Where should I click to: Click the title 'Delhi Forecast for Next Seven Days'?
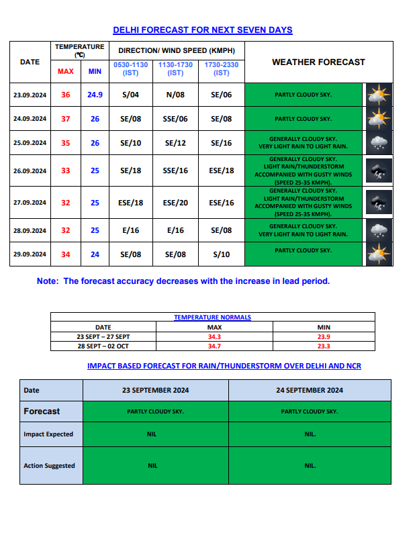click(x=202, y=30)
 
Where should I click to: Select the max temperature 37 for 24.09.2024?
click(x=66, y=119)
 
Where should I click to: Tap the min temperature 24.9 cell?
click(x=95, y=95)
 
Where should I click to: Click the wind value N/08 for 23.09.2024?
click(x=175, y=95)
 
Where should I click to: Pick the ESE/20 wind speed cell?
click(x=175, y=203)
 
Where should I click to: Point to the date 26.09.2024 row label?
click(x=30, y=171)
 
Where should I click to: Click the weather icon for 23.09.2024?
click(x=378, y=95)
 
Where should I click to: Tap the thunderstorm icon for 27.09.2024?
click(x=378, y=201)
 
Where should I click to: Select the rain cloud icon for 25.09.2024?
click(x=378, y=142)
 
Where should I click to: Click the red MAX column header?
click(x=66, y=71)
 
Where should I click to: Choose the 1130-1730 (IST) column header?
click(x=175, y=68)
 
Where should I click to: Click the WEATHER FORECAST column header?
click(x=318, y=62)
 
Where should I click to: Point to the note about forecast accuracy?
click(x=183, y=281)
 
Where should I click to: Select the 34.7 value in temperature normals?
click(x=215, y=346)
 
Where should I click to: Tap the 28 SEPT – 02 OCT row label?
click(x=103, y=346)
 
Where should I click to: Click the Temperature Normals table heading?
click(x=213, y=317)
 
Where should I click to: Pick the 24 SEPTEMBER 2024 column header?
click(x=310, y=390)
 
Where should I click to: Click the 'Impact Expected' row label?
click(x=48, y=434)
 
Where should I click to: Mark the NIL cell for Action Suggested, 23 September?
click(x=152, y=466)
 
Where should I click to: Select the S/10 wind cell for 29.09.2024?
click(x=221, y=255)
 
